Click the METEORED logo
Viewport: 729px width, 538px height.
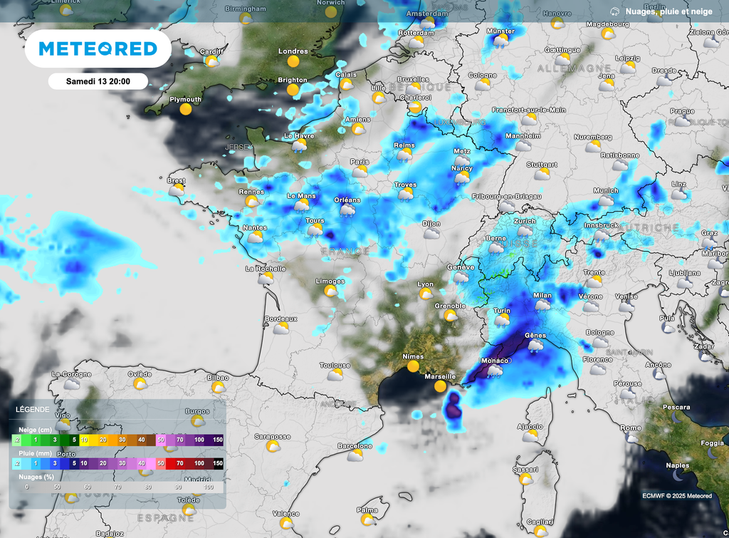[98, 48]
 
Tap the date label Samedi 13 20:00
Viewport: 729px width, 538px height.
[98, 81]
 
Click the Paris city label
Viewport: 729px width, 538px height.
[360, 162]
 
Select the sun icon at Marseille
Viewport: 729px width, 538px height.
[440, 386]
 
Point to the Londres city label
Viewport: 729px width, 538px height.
[293, 51]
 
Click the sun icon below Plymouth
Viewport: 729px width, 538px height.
[186, 110]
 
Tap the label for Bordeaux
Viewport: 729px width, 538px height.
[280, 319]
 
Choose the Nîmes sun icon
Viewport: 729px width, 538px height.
[413, 366]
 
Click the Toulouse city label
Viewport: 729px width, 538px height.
[335, 365]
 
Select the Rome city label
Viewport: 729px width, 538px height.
[630, 428]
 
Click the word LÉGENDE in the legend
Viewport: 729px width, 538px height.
[33, 410]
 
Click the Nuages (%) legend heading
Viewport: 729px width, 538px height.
[36, 475]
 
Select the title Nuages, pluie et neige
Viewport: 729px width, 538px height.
[668, 11]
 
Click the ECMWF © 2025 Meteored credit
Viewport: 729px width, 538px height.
[676, 496]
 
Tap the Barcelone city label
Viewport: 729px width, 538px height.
[355, 446]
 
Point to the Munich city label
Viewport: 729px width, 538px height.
[606, 191]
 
